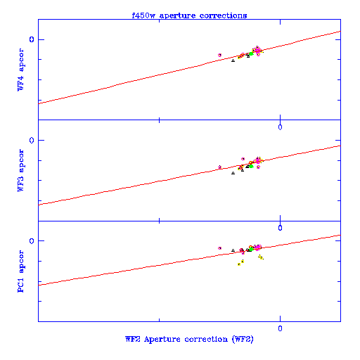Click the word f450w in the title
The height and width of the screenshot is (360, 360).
pos(143,15)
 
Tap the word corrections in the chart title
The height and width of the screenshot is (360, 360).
pos(223,15)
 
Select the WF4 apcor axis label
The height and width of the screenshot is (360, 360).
pos(21,70)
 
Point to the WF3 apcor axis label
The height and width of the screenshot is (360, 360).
pos(21,170)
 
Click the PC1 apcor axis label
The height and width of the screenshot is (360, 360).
pos(21,271)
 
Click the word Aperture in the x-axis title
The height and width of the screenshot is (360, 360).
pos(162,339)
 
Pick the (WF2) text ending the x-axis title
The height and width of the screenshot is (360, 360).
pos(243,339)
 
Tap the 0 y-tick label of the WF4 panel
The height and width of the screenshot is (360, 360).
pos(32,39)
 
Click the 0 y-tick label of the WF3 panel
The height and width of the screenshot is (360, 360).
pos(32,140)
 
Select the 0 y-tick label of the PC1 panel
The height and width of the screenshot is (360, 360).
pos(32,241)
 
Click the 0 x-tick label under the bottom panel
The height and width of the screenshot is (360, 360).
pos(280,328)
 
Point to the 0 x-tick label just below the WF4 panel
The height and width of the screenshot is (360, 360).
pos(280,127)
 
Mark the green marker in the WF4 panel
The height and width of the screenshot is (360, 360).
pos(251,53)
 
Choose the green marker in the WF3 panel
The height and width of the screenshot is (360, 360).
pos(251,166)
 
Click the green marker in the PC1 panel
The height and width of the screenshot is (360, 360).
pos(251,249)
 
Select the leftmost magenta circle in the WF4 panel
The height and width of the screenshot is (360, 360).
pos(219,55)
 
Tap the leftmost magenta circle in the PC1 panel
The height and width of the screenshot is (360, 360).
pos(219,248)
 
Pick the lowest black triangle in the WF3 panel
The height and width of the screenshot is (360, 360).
pos(233,173)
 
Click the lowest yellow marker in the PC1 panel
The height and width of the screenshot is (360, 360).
pos(239,264)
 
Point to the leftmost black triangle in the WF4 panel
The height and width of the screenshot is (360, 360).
pos(233,60)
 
